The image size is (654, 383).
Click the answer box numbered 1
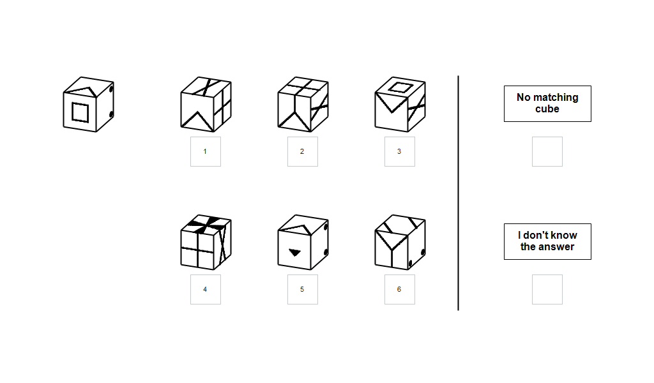205,151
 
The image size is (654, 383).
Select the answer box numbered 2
302,151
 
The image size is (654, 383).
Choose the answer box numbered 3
399,151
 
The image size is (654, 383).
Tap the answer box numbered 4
205,289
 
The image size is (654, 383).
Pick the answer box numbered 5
302,289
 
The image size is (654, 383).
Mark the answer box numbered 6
399,289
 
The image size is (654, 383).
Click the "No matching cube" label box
547,103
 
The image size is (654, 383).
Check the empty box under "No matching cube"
547,151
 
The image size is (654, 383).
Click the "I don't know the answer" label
547,241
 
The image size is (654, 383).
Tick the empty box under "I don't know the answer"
547,289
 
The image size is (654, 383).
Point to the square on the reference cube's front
80,112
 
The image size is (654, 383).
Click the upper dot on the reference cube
111,89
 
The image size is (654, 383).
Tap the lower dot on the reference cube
111,114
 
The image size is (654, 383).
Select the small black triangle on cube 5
294,252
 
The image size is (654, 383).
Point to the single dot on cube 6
421,253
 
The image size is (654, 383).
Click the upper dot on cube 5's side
326,227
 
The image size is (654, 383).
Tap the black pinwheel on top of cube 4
206,223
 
